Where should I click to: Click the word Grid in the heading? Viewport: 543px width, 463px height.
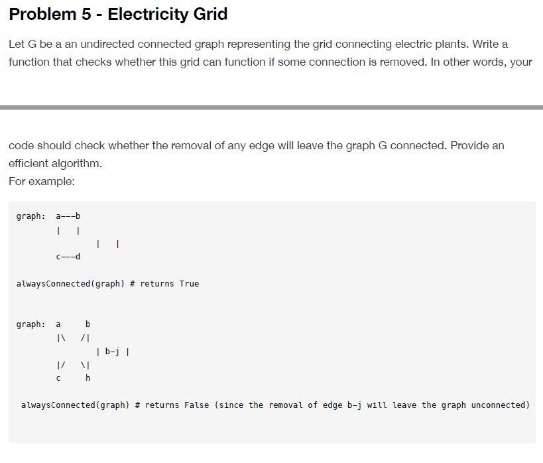(210, 14)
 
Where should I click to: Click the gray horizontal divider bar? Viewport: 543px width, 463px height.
(271, 107)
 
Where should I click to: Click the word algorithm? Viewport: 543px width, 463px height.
(78, 163)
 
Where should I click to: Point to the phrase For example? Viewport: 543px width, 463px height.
(42, 181)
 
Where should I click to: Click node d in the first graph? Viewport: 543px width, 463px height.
(78, 257)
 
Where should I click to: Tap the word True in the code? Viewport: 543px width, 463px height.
(189, 284)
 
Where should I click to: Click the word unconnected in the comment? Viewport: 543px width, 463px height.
(500, 405)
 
